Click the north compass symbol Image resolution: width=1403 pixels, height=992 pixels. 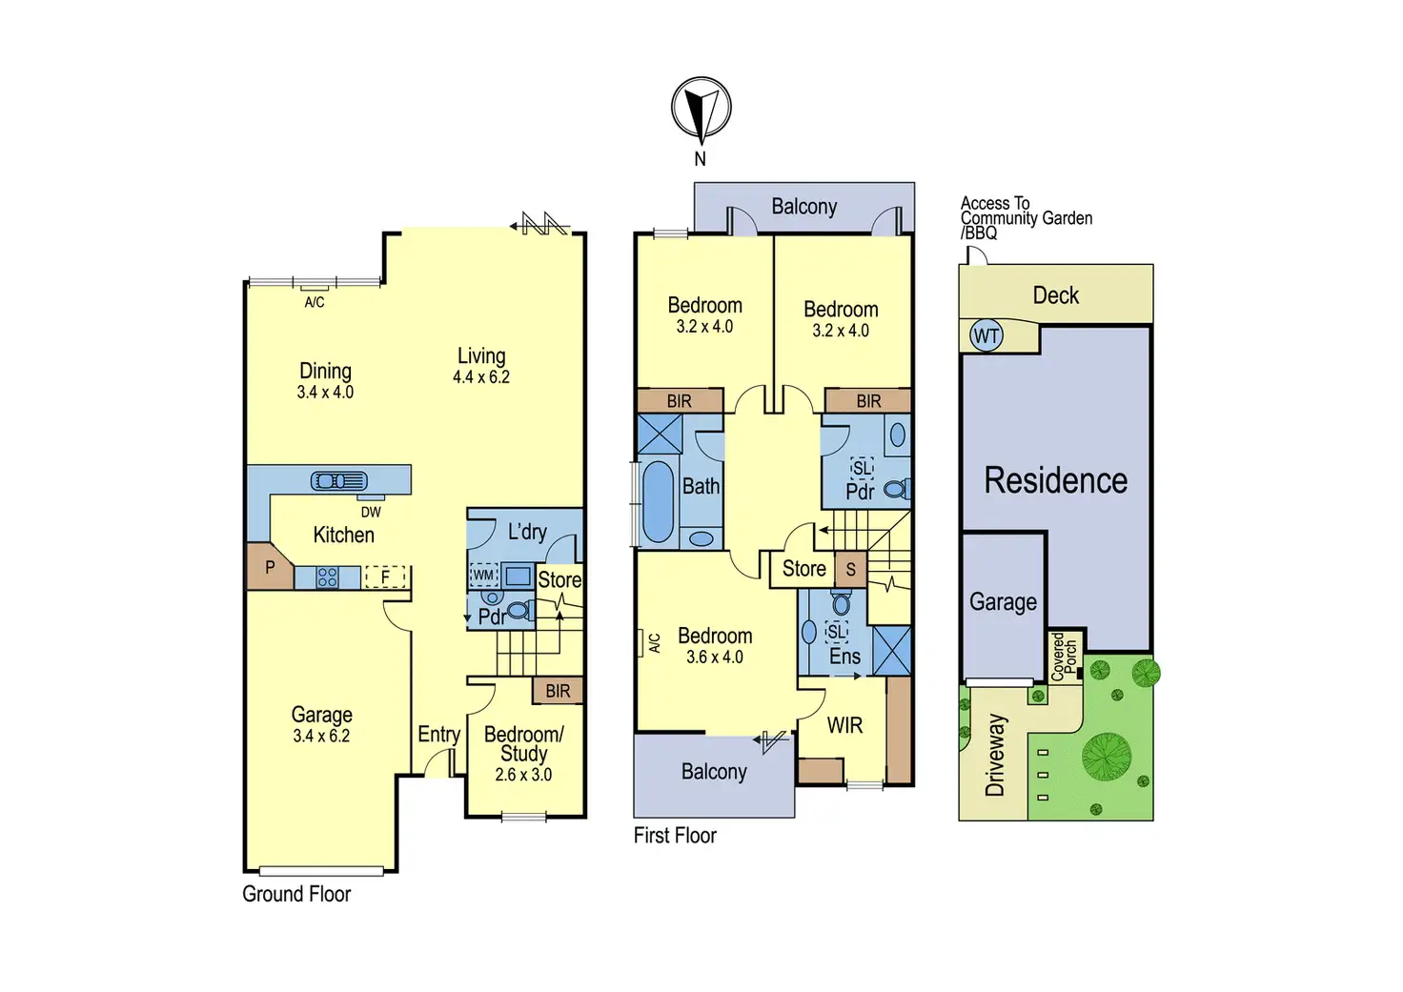click(x=701, y=107)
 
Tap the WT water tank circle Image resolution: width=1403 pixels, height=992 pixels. click(x=986, y=335)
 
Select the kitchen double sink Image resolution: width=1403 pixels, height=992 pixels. click(x=338, y=481)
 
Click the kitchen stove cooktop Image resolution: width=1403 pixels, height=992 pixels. click(x=327, y=577)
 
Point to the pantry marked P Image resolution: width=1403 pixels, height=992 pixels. click(x=270, y=567)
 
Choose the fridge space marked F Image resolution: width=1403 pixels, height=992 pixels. click(x=385, y=577)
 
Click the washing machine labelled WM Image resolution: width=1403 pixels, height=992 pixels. click(x=483, y=575)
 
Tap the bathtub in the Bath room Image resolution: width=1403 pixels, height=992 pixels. click(x=658, y=502)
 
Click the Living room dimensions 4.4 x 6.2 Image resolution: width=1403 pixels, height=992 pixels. click(x=480, y=377)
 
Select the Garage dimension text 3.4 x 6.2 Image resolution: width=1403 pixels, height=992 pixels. click(x=321, y=737)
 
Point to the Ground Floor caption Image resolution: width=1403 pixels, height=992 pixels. click(x=296, y=894)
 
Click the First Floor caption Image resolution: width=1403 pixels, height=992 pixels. click(x=675, y=836)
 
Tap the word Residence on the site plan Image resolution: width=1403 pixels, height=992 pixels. click(x=1055, y=480)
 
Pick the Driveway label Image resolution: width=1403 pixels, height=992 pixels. click(x=995, y=755)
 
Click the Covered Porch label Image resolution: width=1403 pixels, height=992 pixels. click(x=1064, y=657)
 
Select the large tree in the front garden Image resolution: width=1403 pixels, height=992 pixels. click(x=1107, y=756)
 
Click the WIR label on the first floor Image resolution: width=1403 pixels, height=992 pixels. click(x=844, y=725)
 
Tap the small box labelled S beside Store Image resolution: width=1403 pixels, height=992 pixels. click(x=850, y=570)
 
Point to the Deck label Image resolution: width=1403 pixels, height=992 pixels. click(x=1056, y=295)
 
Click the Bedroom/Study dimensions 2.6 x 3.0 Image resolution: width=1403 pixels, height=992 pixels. click(x=523, y=775)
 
